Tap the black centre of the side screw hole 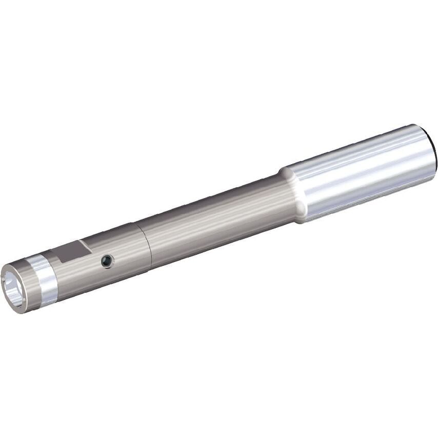pos(107,262)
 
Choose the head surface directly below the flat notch pos(77,272)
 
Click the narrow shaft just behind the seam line pos(159,241)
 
